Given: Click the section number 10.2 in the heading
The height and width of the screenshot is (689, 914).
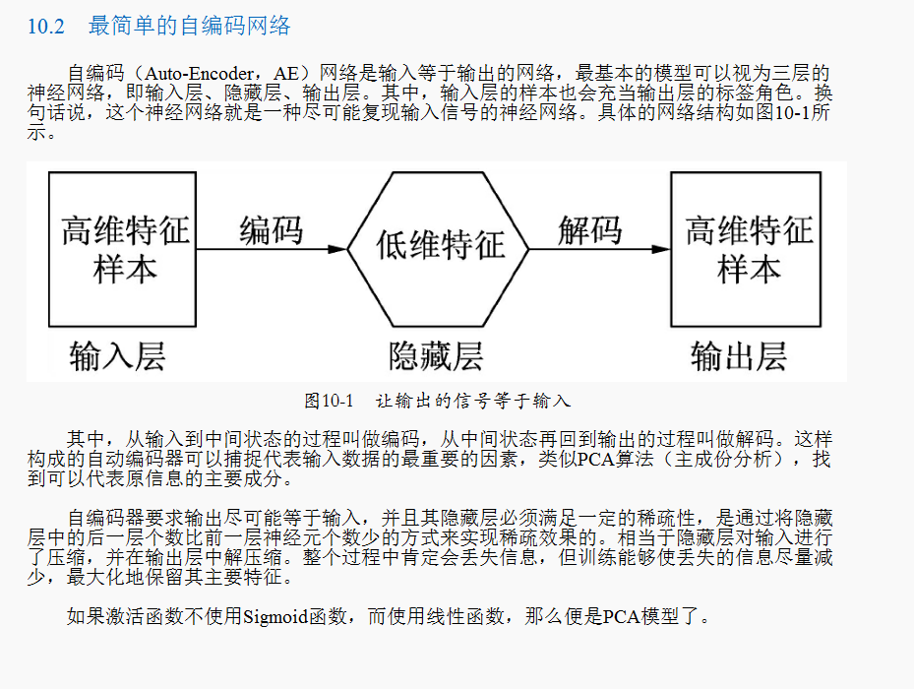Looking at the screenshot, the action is [45, 26].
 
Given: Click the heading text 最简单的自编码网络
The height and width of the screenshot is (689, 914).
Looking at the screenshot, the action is [190, 26].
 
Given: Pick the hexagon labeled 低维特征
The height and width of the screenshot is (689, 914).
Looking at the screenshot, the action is [439, 246].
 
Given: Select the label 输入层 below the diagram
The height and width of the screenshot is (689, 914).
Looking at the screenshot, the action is [117, 355].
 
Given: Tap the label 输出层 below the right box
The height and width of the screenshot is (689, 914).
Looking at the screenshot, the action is [738, 355].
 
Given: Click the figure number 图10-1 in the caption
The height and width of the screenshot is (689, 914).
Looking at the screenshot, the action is [329, 401].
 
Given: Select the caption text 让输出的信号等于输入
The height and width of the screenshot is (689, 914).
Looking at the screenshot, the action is [472, 401].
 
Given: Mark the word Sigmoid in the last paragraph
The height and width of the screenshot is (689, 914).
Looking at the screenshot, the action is [275, 617].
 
